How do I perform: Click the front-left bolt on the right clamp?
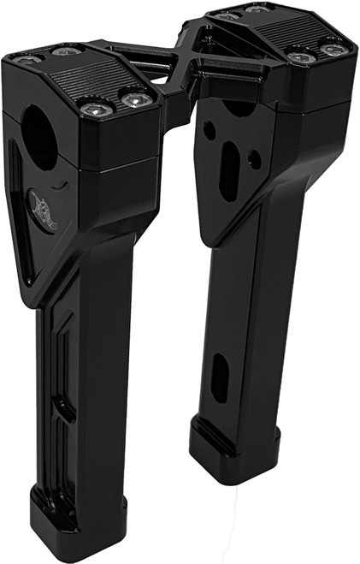click(x=297, y=57)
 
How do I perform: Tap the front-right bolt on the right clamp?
click(x=330, y=50)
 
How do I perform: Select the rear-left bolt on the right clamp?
click(x=226, y=15)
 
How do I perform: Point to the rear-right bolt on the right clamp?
click(x=256, y=9)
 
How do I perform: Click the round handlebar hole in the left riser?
click(x=39, y=136)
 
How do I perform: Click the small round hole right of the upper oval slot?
click(x=254, y=158)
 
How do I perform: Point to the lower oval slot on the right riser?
click(x=219, y=378)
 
